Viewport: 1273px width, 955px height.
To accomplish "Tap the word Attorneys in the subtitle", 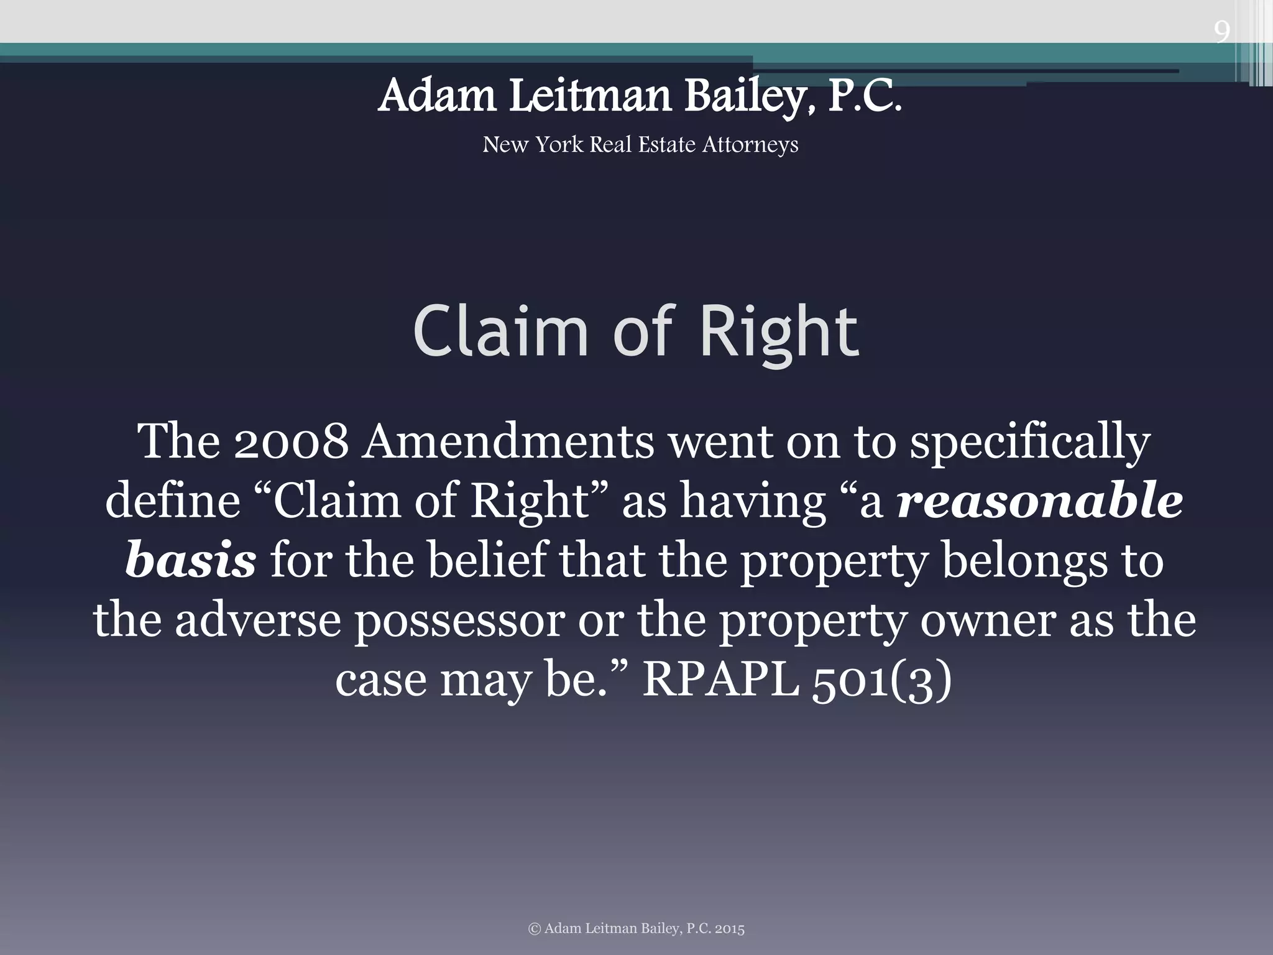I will point(750,145).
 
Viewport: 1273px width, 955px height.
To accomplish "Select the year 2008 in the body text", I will point(291,441).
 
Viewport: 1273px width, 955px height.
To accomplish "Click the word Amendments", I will point(508,441).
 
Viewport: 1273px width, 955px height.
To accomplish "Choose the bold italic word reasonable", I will point(1040,501).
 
